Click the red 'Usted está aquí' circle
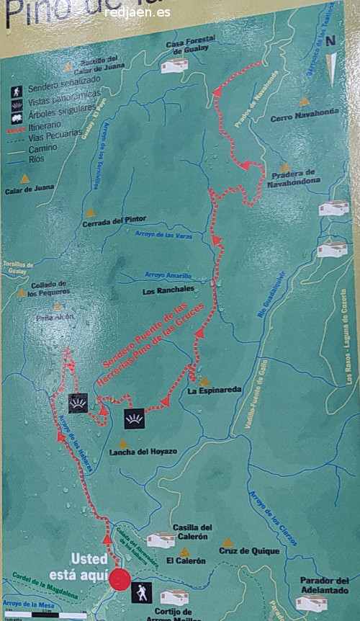(120, 580)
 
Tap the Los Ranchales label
(168, 291)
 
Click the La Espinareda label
(214, 391)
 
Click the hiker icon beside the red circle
(142, 593)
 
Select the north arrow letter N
(330, 40)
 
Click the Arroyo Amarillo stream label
(168, 275)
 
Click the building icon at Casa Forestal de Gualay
(174, 66)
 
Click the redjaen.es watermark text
(138, 13)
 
